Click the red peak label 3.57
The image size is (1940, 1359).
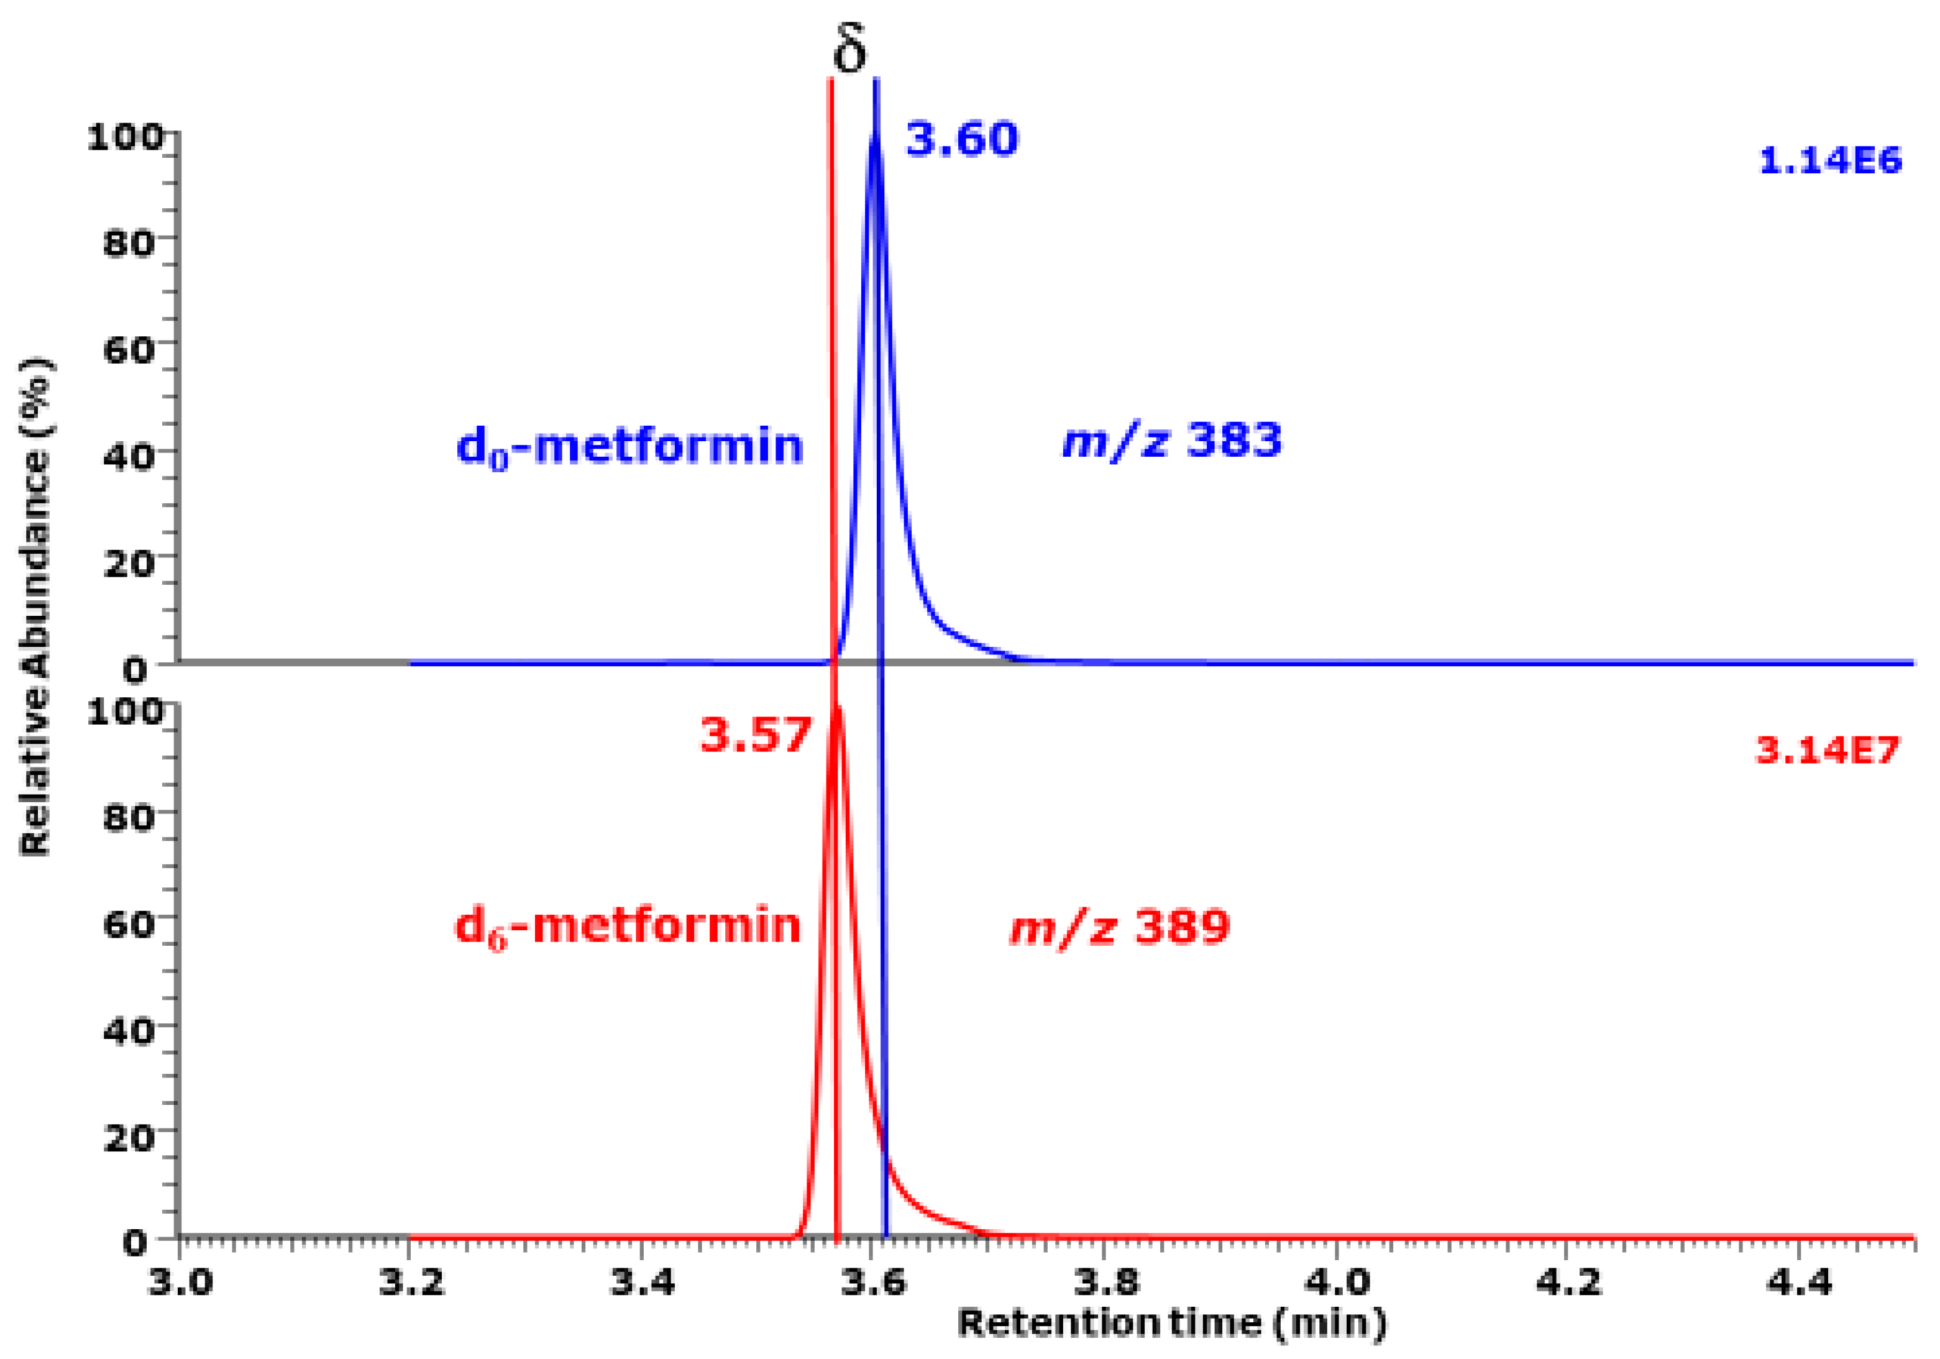click(756, 734)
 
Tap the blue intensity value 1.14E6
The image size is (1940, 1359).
click(1829, 160)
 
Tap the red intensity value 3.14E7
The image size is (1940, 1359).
click(1828, 749)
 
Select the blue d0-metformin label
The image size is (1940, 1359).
click(629, 446)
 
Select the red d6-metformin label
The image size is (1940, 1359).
click(628, 927)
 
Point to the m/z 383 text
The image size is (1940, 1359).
click(1172, 441)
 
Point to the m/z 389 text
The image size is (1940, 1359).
click(1120, 927)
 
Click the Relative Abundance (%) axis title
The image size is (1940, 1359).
click(35, 607)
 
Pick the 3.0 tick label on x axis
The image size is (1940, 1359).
click(180, 1282)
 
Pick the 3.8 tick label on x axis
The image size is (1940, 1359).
click(1106, 1282)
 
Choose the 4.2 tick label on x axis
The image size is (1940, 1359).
click(1567, 1282)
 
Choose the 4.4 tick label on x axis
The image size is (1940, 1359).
click(1799, 1282)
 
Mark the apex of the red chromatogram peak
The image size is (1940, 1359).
click(838, 708)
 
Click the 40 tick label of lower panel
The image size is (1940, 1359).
click(129, 1030)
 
